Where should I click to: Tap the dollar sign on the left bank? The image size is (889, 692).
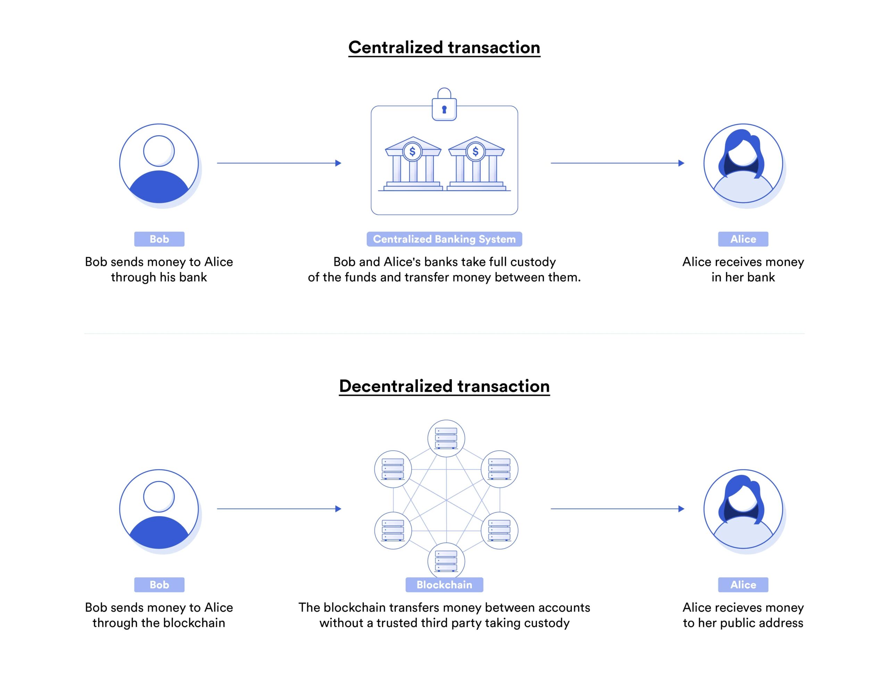click(412, 152)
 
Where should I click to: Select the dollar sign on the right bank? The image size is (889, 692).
click(475, 152)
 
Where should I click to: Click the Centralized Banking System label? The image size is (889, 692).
click(444, 239)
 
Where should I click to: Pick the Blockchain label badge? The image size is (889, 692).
click(444, 585)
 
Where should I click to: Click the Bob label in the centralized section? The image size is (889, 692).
click(159, 239)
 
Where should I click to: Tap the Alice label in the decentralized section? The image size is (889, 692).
click(743, 585)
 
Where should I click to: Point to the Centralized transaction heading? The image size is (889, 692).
click(444, 48)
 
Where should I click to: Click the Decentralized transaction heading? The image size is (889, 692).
click(444, 386)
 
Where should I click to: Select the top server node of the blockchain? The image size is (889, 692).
click(446, 438)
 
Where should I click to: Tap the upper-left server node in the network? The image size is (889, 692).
click(393, 469)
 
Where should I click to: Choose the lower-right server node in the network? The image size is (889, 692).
click(499, 530)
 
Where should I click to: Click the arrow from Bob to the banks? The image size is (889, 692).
click(279, 163)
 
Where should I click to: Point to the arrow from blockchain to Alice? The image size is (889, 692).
click(617, 509)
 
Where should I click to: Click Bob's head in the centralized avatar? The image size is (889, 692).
click(159, 151)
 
